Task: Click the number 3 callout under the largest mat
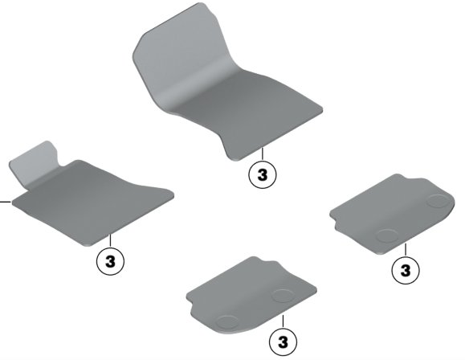(262, 174)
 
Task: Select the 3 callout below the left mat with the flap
(110, 261)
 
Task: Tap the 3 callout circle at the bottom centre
(283, 342)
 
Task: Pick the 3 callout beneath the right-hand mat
(406, 270)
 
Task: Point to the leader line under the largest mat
(262, 154)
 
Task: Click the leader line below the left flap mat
(110, 241)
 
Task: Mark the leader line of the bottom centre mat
(283, 321)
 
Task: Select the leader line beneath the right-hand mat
(406, 250)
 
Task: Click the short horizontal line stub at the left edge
(6, 202)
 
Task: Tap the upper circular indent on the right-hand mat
(438, 201)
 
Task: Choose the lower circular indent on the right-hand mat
(387, 235)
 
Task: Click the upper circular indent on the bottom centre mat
(283, 296)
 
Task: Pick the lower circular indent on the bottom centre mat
(227, 322)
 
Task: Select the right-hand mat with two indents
(392, 214)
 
